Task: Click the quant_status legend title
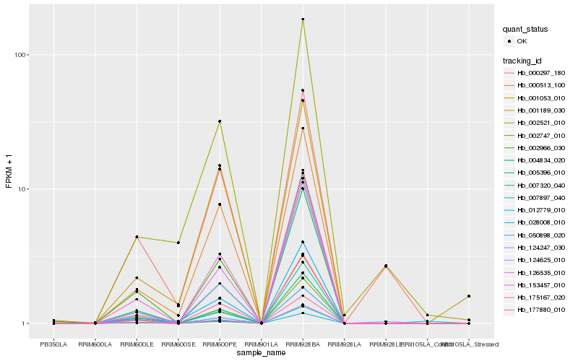click(x=525, y=29)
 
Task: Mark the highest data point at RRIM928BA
click(x=303, y=19)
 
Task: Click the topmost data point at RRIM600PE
click(x=220, y=121)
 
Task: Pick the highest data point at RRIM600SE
click(x=178, y=243)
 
